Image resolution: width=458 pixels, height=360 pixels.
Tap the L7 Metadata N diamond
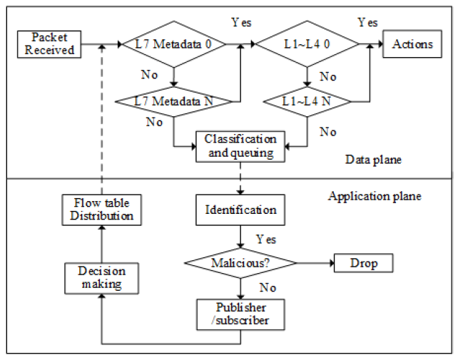(174, 101)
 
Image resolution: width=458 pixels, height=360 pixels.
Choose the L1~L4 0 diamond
(306, 44)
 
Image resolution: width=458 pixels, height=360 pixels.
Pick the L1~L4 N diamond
(306, 101)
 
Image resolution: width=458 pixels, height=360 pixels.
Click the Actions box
(412, 44)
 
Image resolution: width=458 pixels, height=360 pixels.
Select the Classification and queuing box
(240, 145)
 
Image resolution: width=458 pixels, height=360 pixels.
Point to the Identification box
(240, 211)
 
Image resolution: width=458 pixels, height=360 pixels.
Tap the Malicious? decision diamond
(240, 263)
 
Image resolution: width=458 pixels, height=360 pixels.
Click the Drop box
(363, 263)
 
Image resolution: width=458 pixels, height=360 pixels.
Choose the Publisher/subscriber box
(240, 314)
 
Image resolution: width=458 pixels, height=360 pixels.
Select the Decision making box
(101, 278)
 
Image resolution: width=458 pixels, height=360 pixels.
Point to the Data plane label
(375, 160)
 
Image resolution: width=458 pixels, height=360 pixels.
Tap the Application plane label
(375, 196)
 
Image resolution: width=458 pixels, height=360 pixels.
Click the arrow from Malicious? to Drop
(314, 263)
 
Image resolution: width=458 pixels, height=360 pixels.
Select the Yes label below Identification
(265, 240)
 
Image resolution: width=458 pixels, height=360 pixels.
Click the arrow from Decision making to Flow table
(101, 242)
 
